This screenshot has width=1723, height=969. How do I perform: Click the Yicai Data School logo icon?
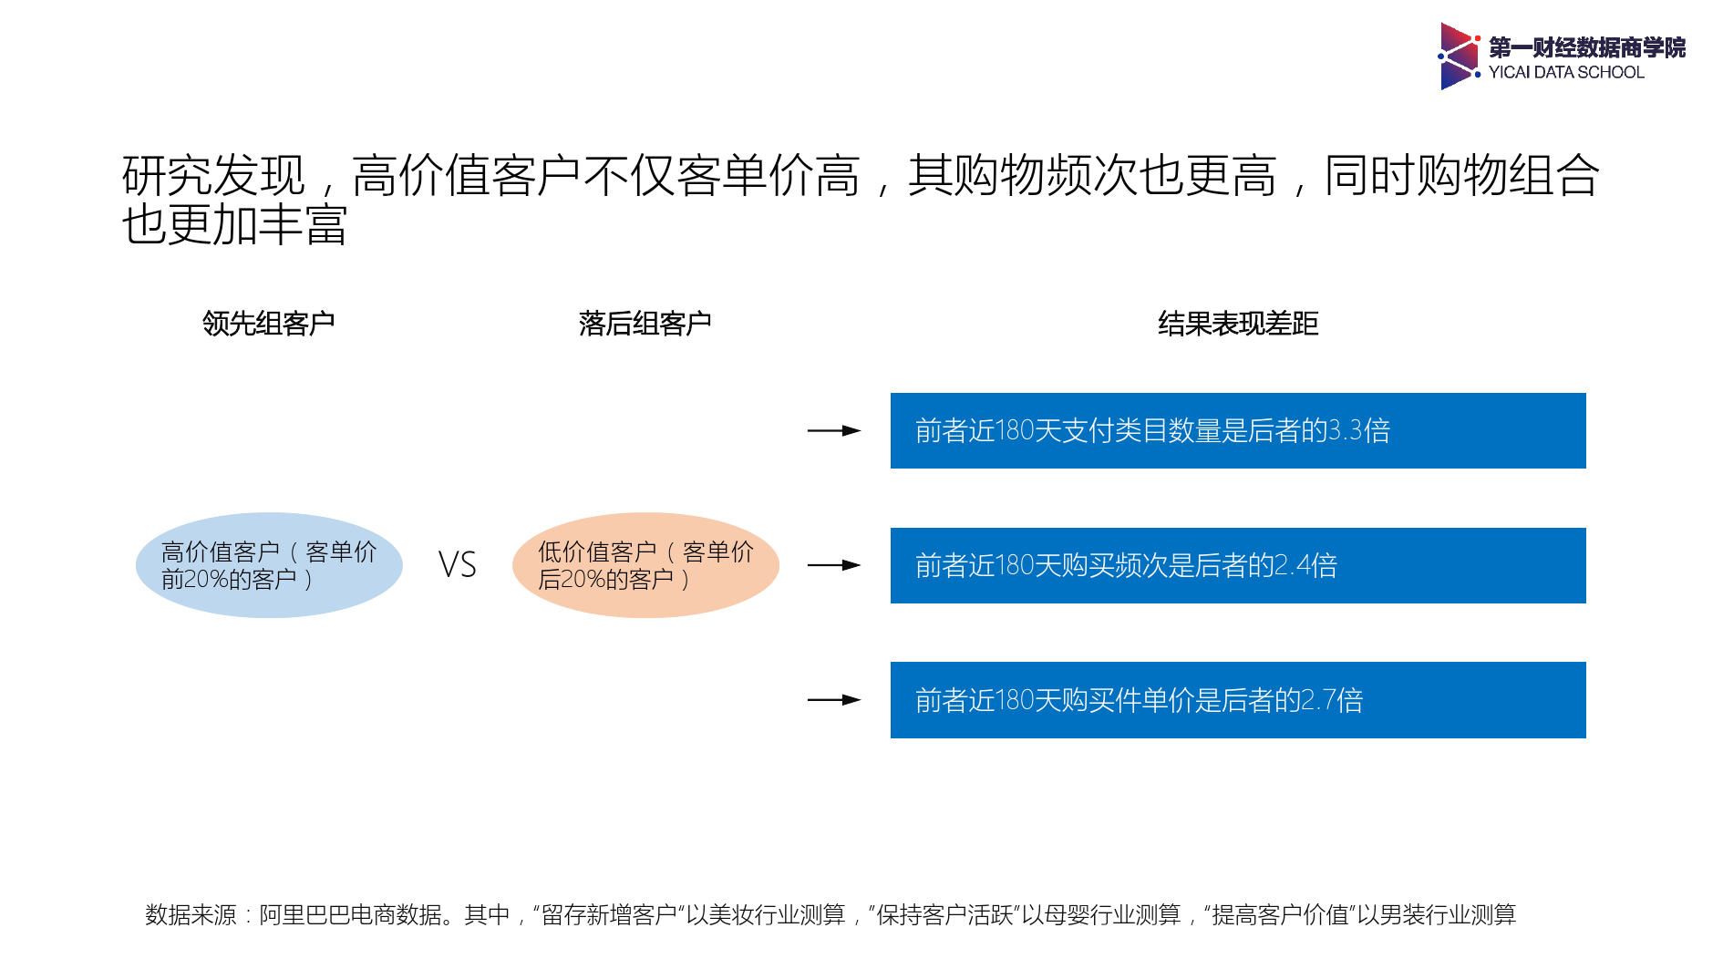tap(1458, 56)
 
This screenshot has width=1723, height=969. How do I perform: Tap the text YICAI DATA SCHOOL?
tap(1566, 73)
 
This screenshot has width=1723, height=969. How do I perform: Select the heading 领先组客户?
tap(268, 324)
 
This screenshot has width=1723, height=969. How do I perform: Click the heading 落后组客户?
tap(645, 324)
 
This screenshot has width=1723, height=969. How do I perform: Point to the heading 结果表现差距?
tap(1238, 324)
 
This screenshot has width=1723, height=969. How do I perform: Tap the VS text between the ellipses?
tap(458, 565)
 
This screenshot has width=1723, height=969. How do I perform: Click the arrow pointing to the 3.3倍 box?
tap(833, 430)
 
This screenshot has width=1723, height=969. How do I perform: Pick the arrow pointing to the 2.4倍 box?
tap(833, 565)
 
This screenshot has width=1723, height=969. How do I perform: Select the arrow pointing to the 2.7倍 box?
tap(833, 700)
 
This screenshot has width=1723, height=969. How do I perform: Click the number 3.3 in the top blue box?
tap(1346, 430)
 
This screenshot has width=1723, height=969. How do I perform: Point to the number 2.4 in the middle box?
tap(1293, 565)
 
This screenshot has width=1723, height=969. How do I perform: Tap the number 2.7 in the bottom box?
tap(1318, 700)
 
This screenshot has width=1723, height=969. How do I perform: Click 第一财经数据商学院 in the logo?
tap(1587, 47)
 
